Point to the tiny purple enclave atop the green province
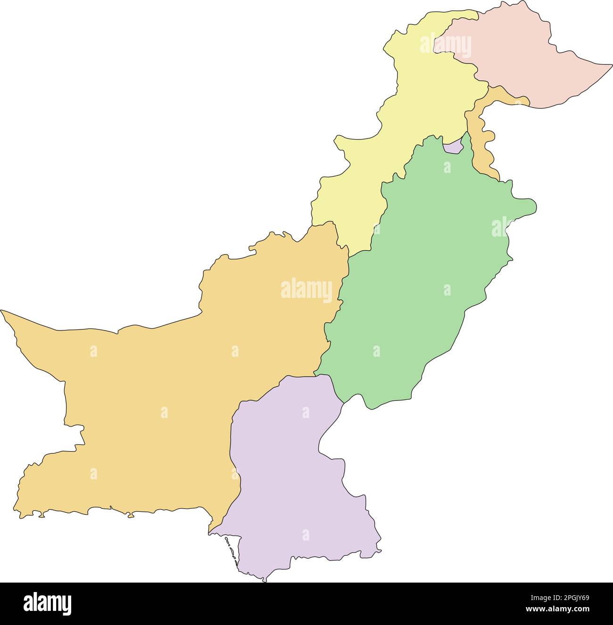453,147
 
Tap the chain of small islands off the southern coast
230,550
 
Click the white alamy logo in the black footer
48,603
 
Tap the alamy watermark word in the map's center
306,290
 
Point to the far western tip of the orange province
2,311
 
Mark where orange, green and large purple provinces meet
315,375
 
